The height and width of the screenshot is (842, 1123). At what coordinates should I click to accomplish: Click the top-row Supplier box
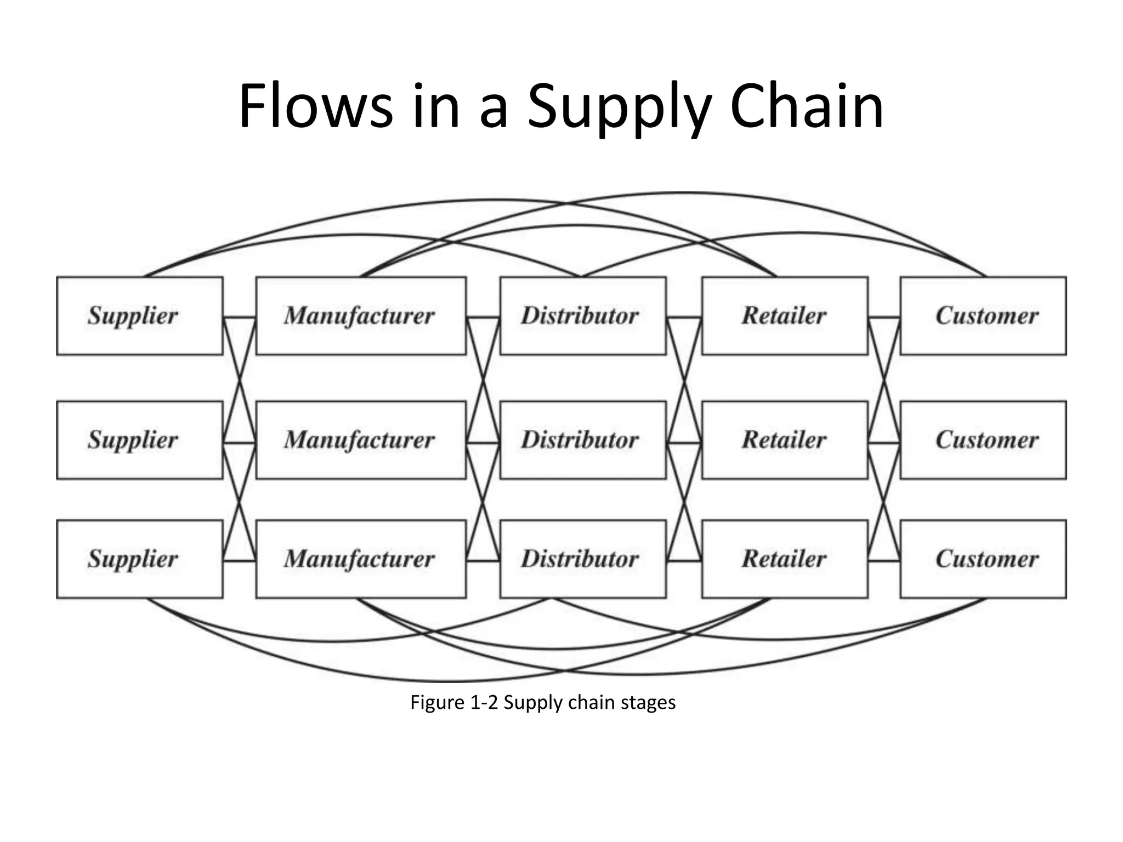pyautogui.click(x=140, y=316)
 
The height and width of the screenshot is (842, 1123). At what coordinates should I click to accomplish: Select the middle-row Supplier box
pyautogui.click(x=140, y=440)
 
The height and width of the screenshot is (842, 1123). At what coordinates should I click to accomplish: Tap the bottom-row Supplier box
pyautogui.click(x=140, y=559)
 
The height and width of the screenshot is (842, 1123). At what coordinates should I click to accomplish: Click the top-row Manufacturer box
pyautogui.click(x=361, y=316)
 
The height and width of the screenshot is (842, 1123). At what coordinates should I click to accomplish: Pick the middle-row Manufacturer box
pyautogui.click(x=361, y=440)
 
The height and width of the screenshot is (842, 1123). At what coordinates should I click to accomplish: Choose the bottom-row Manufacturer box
pyautogui.click(x=361, y=559)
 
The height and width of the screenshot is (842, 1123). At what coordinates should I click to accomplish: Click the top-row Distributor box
pyautogui.click(x=583, y=316)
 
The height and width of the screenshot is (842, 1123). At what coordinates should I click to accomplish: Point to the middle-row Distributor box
pyautogui.click(x=583, y=440)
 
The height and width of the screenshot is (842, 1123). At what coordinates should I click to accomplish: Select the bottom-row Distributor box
pyautogui.click(x=583, y=559)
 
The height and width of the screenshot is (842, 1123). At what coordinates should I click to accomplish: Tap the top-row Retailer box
pyautogui.click(x=785, y=316)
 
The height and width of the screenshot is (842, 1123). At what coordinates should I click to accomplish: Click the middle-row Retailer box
pyautogui.click(x=785, y=440)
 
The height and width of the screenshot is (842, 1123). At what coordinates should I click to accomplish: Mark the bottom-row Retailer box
pyautogui.click(x=785, y=559)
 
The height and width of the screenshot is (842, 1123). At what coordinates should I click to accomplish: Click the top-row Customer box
pyautogui.click(x=983, y=316)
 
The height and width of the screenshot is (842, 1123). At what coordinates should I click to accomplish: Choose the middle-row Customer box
pyautogui.click(x=983, y=440)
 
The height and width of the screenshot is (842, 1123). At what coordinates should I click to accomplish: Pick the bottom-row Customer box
pyautogui.click(x=983, y=559)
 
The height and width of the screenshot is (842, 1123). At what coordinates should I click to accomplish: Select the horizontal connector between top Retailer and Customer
pyautogui.click(x=884, y=317)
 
